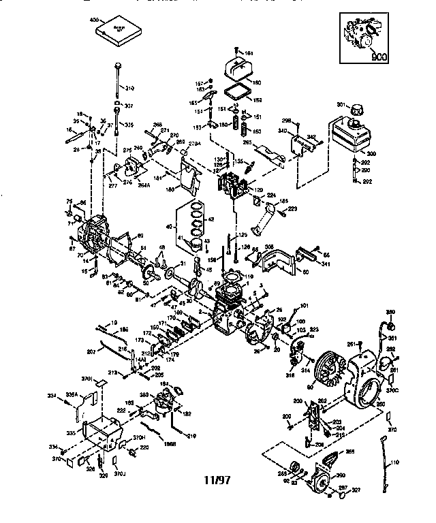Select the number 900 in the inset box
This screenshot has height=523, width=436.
379,58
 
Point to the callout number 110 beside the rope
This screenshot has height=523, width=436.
393,462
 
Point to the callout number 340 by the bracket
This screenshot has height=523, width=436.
283,131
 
